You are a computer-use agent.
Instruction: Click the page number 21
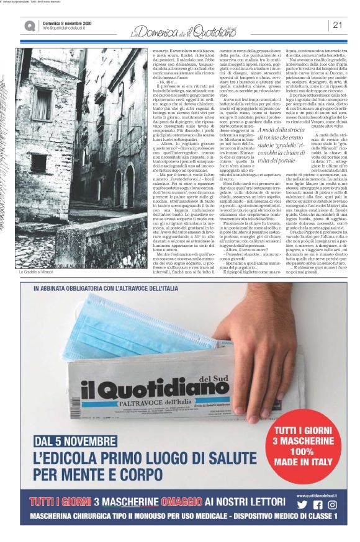point(338,25)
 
